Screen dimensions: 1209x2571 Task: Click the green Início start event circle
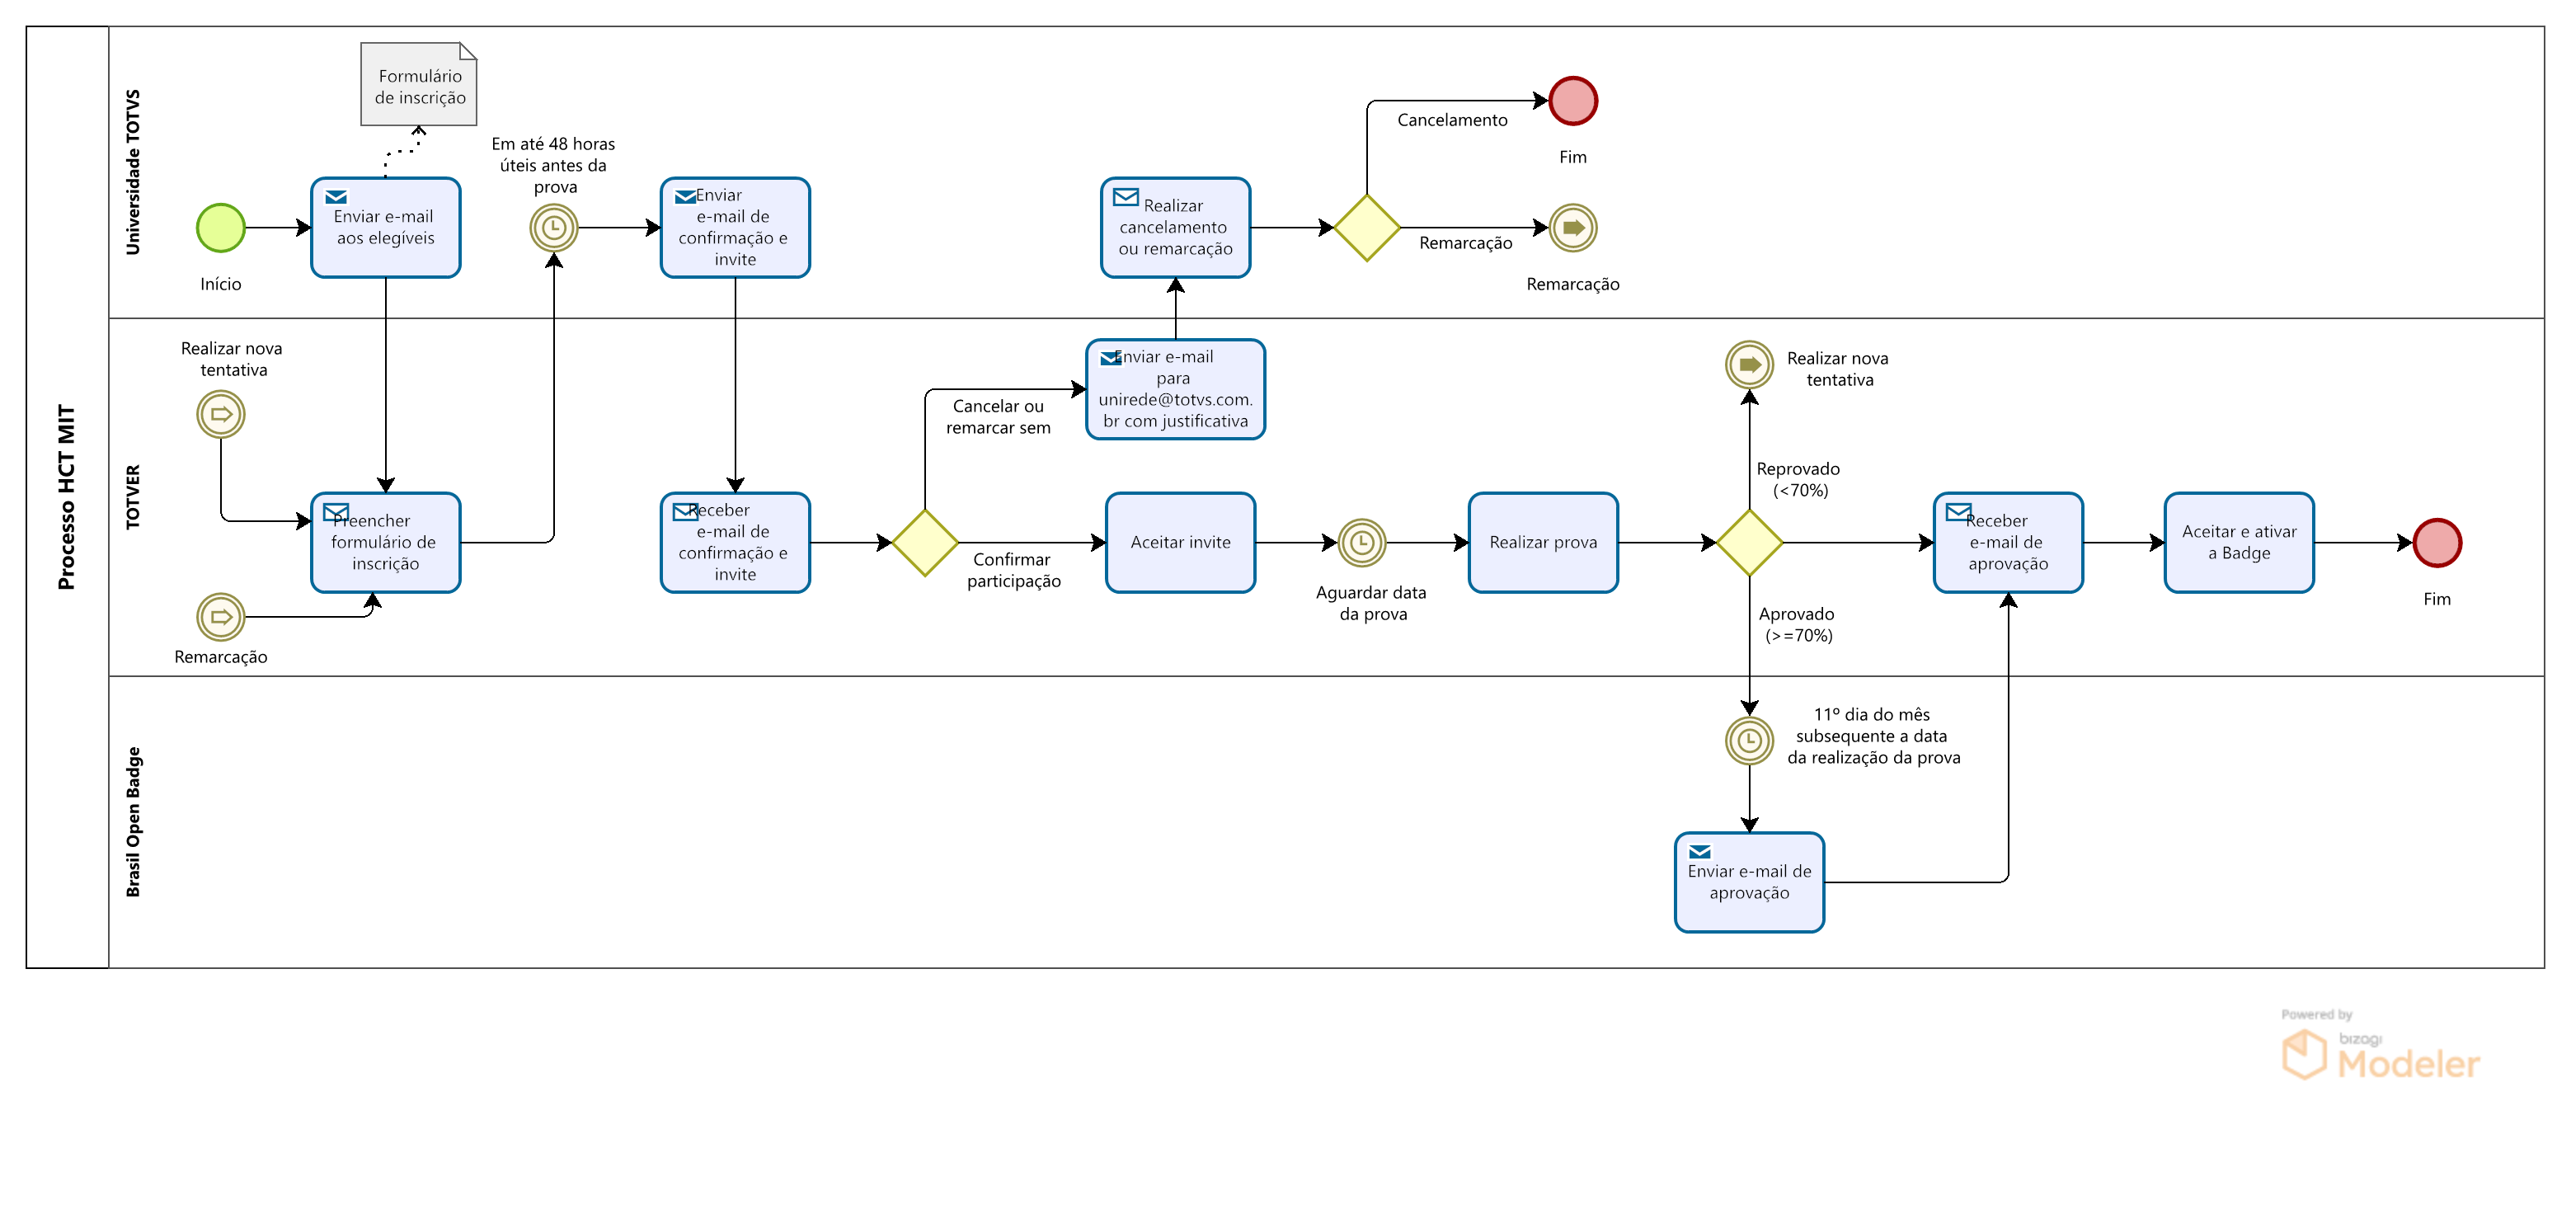[220, 228]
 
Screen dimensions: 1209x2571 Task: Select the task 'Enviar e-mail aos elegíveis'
[385, 228]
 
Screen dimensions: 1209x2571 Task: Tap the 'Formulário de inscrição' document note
[419, 85]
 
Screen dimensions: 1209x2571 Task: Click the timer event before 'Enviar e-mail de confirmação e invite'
[554, 228]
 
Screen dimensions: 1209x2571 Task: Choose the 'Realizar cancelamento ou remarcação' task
[1175, 228]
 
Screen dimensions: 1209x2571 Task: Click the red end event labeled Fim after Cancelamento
[1573, 101]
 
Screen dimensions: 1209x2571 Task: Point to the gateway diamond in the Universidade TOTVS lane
[1366, 228]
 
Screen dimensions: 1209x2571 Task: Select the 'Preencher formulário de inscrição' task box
[385, 542]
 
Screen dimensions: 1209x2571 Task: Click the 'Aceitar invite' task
[1180, 542]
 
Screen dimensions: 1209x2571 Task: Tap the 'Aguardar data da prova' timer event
[1361, 542]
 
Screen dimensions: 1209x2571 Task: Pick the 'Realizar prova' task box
[1543, 542]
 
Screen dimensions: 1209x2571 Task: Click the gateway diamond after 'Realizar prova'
[1749, 542]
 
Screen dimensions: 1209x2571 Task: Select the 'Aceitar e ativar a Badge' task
[2239, 542]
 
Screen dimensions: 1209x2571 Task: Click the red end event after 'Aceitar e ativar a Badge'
[2437, 542]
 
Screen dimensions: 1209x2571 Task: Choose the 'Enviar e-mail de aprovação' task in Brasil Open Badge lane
[1749, 882]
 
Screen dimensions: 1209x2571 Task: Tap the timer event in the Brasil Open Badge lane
[1749, 740]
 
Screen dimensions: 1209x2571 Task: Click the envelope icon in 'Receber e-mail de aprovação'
[1958, 511]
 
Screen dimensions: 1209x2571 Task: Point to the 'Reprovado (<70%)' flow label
[1798, 479]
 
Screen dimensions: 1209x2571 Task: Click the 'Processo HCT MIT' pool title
[66, 496]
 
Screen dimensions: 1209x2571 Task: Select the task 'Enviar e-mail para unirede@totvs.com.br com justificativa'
[1175, 389]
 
